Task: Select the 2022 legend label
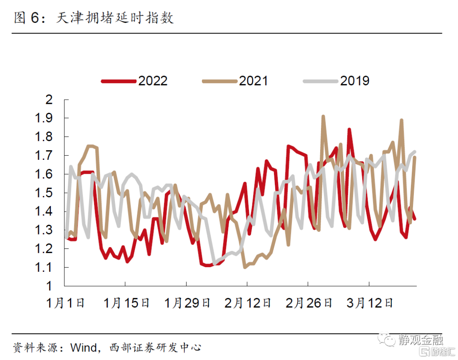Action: pyautogui.click(x=153, y=81)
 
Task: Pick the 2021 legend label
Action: pyautogui.click(x=254, y=81)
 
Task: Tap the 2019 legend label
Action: pyautogui.click(x=355, y=81)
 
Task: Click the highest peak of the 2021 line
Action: pyautogui.click(x=323, y=116)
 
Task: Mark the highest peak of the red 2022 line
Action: pyautogui.click(x=349, y=129)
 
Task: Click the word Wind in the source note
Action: pyautogui.click(x=83, y=348)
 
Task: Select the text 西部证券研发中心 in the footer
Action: pyautogui.click(x=155, y=348)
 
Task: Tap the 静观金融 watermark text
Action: pyautogui.click(x=421, y=340)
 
